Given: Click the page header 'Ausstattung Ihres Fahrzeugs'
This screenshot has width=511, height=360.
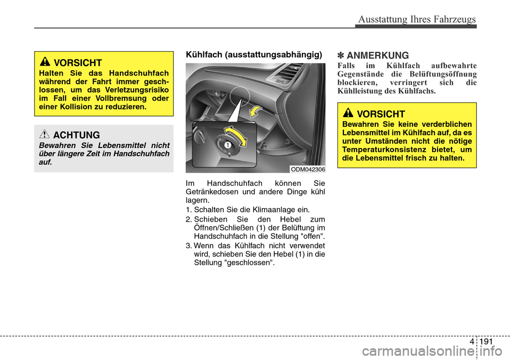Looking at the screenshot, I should click(417, 19).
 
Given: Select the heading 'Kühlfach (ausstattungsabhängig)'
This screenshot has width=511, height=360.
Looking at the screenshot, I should click(253, 55).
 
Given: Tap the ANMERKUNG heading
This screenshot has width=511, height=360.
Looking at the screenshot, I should click(377, 55).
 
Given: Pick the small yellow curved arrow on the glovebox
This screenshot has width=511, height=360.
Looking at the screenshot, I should click(257, 110).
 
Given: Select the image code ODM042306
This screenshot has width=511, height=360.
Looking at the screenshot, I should click(307, 169).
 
